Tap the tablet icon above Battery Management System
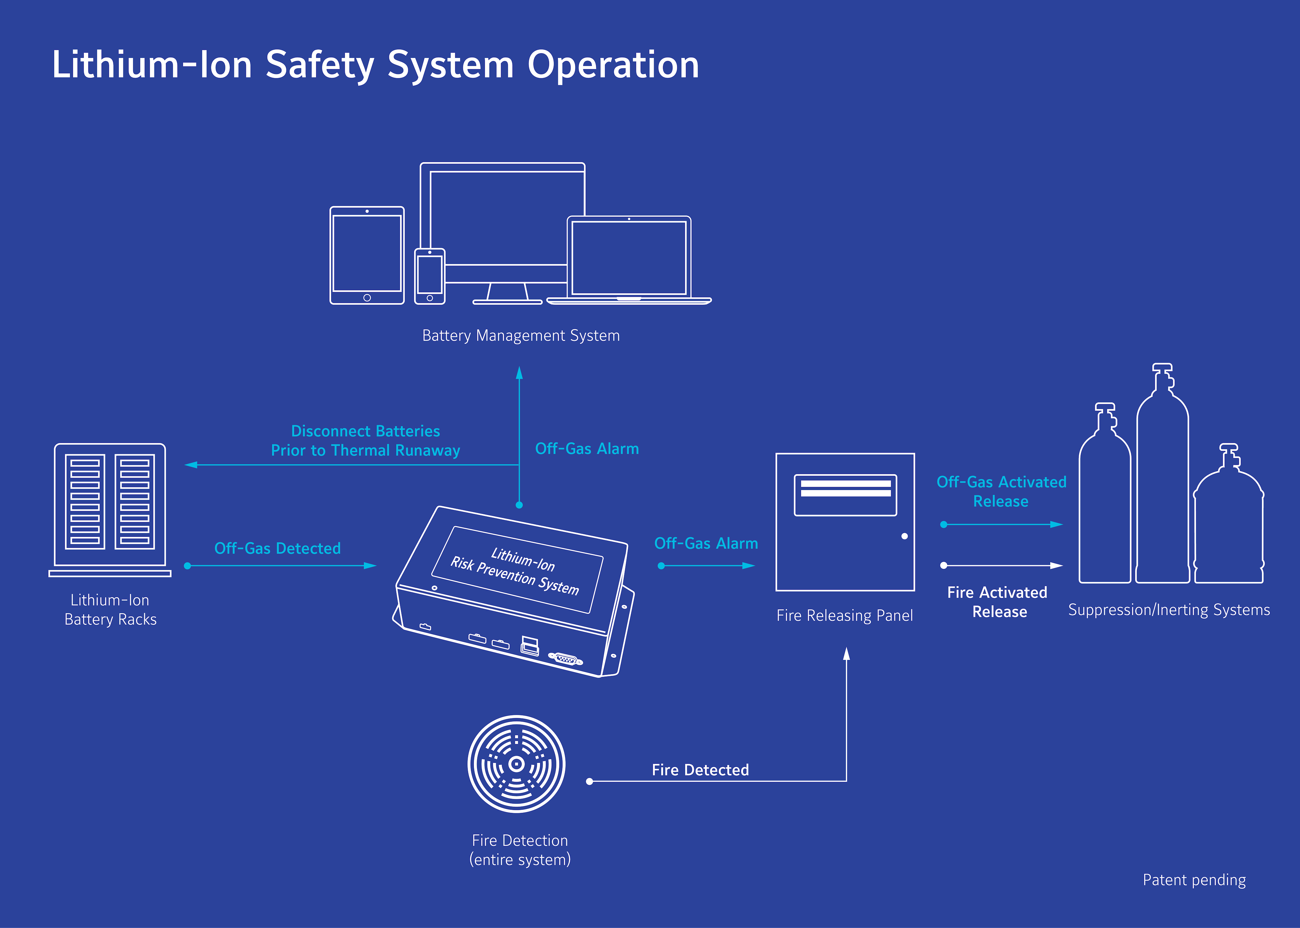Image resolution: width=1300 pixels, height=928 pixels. coord(367,255)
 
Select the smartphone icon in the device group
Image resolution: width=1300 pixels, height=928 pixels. coord(430,276)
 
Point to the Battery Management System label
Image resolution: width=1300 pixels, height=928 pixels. coord(521,335)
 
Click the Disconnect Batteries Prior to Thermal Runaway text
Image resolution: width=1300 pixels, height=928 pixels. coord(366,441)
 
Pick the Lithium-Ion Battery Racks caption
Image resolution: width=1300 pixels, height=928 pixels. coord(110,610)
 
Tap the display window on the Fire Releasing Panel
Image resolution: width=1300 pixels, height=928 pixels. coord(845,495)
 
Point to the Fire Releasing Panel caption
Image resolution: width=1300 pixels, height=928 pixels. coord(845,615)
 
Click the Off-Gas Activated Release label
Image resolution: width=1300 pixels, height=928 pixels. coord(1001,491)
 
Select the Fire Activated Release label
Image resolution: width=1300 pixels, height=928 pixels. coord(998,602)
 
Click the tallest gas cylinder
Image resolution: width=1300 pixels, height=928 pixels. coord(1162,486)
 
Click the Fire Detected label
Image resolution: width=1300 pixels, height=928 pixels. coord(700,770)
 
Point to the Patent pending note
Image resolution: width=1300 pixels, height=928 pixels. coord(1194,880)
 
